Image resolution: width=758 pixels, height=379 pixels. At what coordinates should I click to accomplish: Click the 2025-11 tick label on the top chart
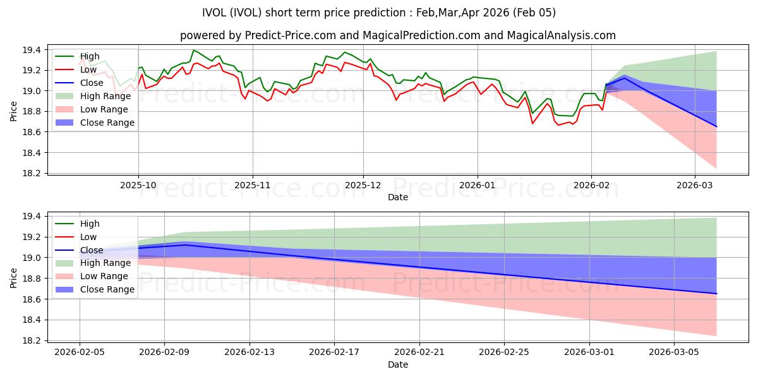click(253, 186)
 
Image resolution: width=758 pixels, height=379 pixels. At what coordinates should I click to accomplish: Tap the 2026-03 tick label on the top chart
click(695, 186)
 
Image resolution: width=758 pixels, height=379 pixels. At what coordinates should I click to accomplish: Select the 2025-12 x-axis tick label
click(363, 186)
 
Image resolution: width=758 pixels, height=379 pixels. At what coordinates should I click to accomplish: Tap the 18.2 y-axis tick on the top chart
click(32, 174)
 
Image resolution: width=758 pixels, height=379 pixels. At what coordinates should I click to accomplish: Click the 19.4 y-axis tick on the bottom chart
click(32, 217)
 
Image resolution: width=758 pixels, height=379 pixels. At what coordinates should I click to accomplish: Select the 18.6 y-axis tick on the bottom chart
click(32, 299)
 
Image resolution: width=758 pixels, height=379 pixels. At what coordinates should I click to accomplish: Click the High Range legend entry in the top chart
click(105, 96)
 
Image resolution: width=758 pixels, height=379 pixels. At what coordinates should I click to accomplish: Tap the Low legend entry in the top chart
click(89, 69)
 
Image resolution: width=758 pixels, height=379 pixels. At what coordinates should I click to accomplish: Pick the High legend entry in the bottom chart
click(90, 224)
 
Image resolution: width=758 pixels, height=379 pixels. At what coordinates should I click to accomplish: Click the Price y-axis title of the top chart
click(14, 111)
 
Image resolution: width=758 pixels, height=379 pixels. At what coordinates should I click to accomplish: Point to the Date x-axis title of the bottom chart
click(398, 364)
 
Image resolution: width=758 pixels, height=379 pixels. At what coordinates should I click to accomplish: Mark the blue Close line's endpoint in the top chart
click(716, 127)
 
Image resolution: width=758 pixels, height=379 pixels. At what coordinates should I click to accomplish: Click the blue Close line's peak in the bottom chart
click(186, 244)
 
